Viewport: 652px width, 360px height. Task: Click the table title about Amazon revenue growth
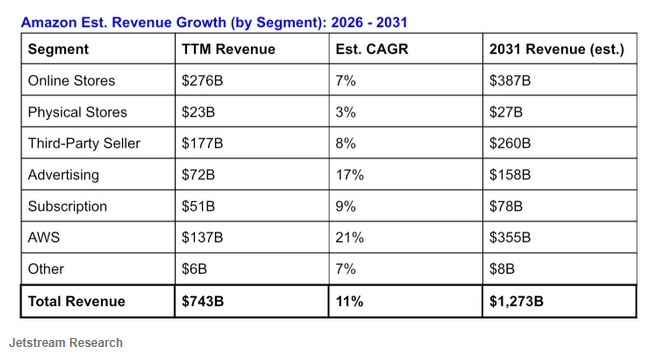(x=214, y=22)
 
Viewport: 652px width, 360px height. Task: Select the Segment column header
(x=58, y=49)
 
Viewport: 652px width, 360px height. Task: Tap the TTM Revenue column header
(x=228, y=49)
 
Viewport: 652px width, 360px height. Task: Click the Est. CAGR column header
(x=372, y=49)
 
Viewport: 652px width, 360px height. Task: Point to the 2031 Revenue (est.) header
(x=557, y=49)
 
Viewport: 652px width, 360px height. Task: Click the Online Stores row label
(x=72, y=81)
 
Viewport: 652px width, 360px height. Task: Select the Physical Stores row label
(x=77, y=112)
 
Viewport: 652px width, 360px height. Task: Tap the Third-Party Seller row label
(x=84, y=143)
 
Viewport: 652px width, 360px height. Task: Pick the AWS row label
(x=44, y=237)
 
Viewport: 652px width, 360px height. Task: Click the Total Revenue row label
(x=77, y=301)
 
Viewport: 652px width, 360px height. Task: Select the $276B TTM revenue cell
(x=203, y=81)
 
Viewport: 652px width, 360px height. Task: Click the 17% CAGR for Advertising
(x=350, y=175)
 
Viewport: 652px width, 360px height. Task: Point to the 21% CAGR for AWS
(x=350, y=237)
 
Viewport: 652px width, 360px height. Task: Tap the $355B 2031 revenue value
(x=510, y=237)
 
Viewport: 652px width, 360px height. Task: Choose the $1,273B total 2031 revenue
(x=516, y=301)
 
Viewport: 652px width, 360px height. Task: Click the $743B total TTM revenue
(x=203, y=301)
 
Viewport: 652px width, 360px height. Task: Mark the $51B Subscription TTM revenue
(x=198, y=206)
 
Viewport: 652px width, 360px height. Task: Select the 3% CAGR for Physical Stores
(x=346, y=112)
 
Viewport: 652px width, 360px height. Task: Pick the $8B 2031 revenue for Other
(x=502, y=269)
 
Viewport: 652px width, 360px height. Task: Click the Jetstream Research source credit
(x=66, y=343)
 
